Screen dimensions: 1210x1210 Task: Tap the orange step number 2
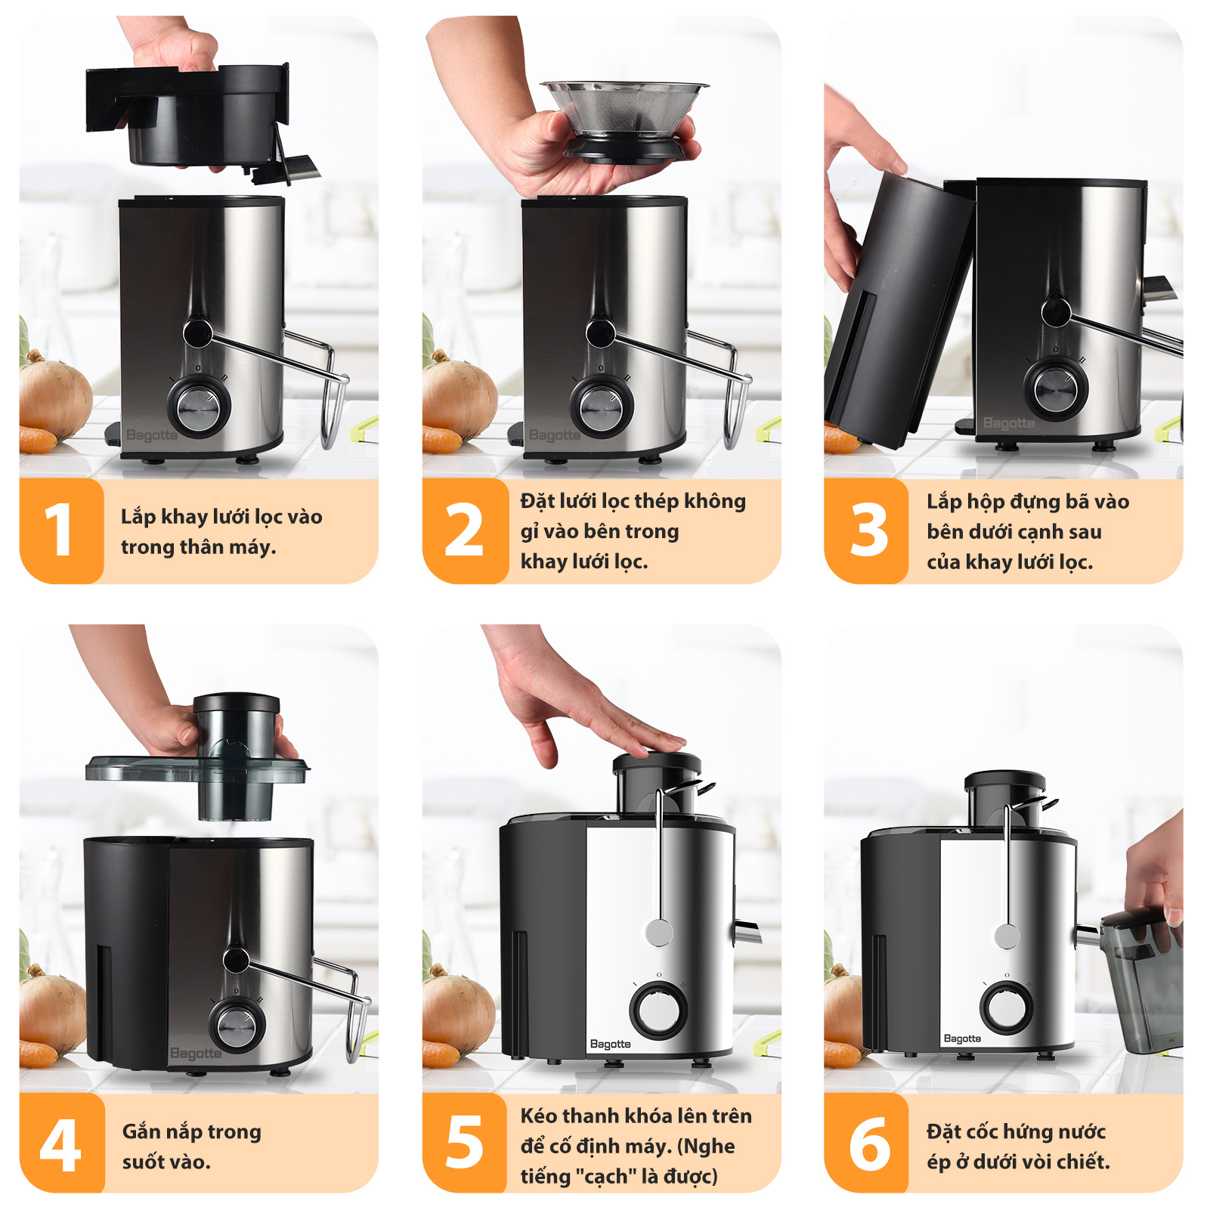[x=463, y=530]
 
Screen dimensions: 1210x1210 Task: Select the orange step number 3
[x=868, y=530]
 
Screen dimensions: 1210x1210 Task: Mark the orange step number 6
[x=869, y=1144]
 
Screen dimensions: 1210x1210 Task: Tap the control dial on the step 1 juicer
[x=199, y=407]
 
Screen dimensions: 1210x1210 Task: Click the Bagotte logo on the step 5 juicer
[x=610, y=1044]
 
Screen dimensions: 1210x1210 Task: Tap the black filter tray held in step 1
[x=200, y=117]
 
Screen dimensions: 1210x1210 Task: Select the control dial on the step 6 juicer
[x=1007, y=1007]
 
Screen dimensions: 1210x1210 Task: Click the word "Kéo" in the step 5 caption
[x=539, y=1116]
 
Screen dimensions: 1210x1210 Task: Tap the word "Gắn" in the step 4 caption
[x=141, y=1131]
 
